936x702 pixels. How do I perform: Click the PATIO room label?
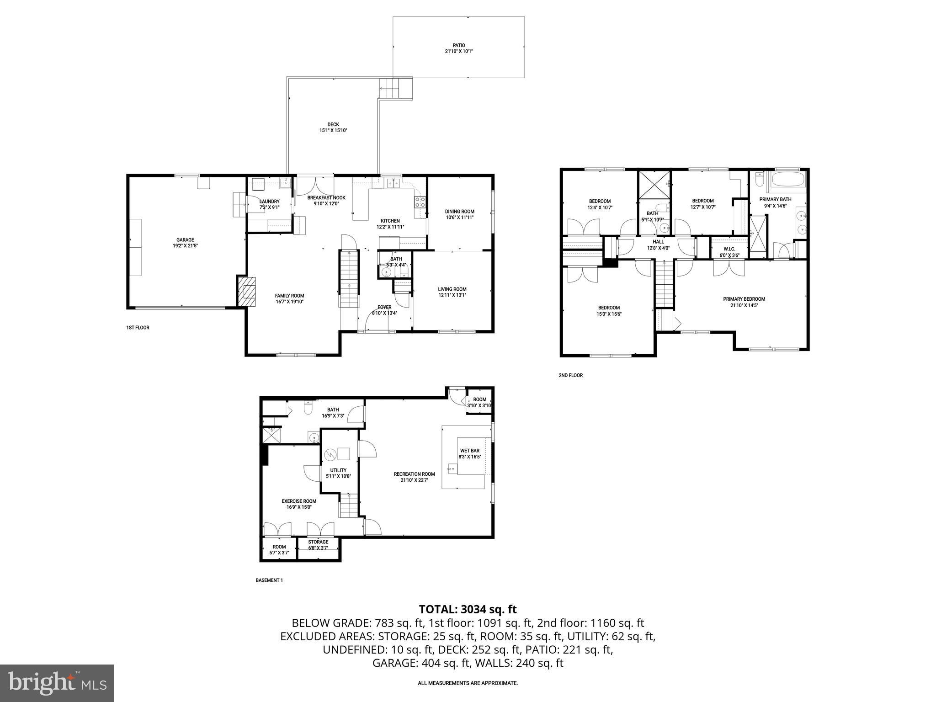[458, 45]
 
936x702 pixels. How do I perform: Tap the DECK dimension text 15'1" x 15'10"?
[333, 131]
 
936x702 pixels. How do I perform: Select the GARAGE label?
[185, 239]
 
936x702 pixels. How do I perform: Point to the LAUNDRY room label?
[269, 202]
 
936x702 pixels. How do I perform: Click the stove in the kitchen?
[420, 202]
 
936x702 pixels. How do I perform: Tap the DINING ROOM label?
[459, 212]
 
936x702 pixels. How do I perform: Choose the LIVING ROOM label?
[452, 289]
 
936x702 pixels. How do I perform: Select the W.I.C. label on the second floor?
[729, 249]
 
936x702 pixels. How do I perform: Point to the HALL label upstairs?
[658, 242]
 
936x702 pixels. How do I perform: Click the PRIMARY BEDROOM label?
[744, 299]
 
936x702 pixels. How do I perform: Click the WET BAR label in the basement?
[469, 451]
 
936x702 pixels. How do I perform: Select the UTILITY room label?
[338, 470]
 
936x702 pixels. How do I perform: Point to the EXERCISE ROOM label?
[299, 501]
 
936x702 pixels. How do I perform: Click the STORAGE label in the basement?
[318, 542]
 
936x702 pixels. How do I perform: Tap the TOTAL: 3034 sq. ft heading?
[468, 609]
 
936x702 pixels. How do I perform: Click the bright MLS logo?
[57, 683]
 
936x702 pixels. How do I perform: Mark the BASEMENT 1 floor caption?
[269, 580]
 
